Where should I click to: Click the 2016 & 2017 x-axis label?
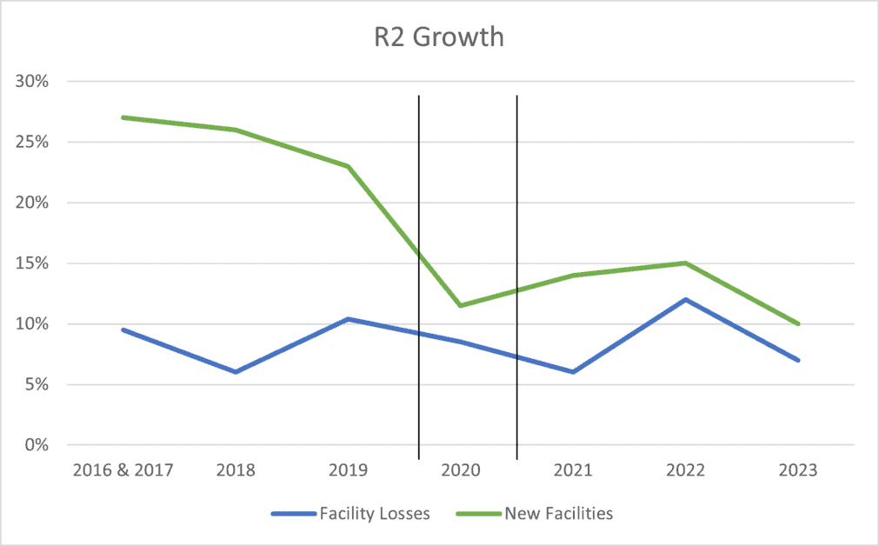click(x=123, y=470)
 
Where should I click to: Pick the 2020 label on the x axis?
click(x=461, y=470)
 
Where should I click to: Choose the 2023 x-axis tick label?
click(x=797, y=470)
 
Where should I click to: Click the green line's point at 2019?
click(x=349, y=166)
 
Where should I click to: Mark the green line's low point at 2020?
click(x=461, y=305)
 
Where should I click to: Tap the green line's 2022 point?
click(x=686, y=263)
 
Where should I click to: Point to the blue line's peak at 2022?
click(x=686, y=299)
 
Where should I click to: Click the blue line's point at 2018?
click(x=236, y=372)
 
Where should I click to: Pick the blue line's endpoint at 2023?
click(x=797, y=360)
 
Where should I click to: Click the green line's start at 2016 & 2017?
click(x=123, y=117)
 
